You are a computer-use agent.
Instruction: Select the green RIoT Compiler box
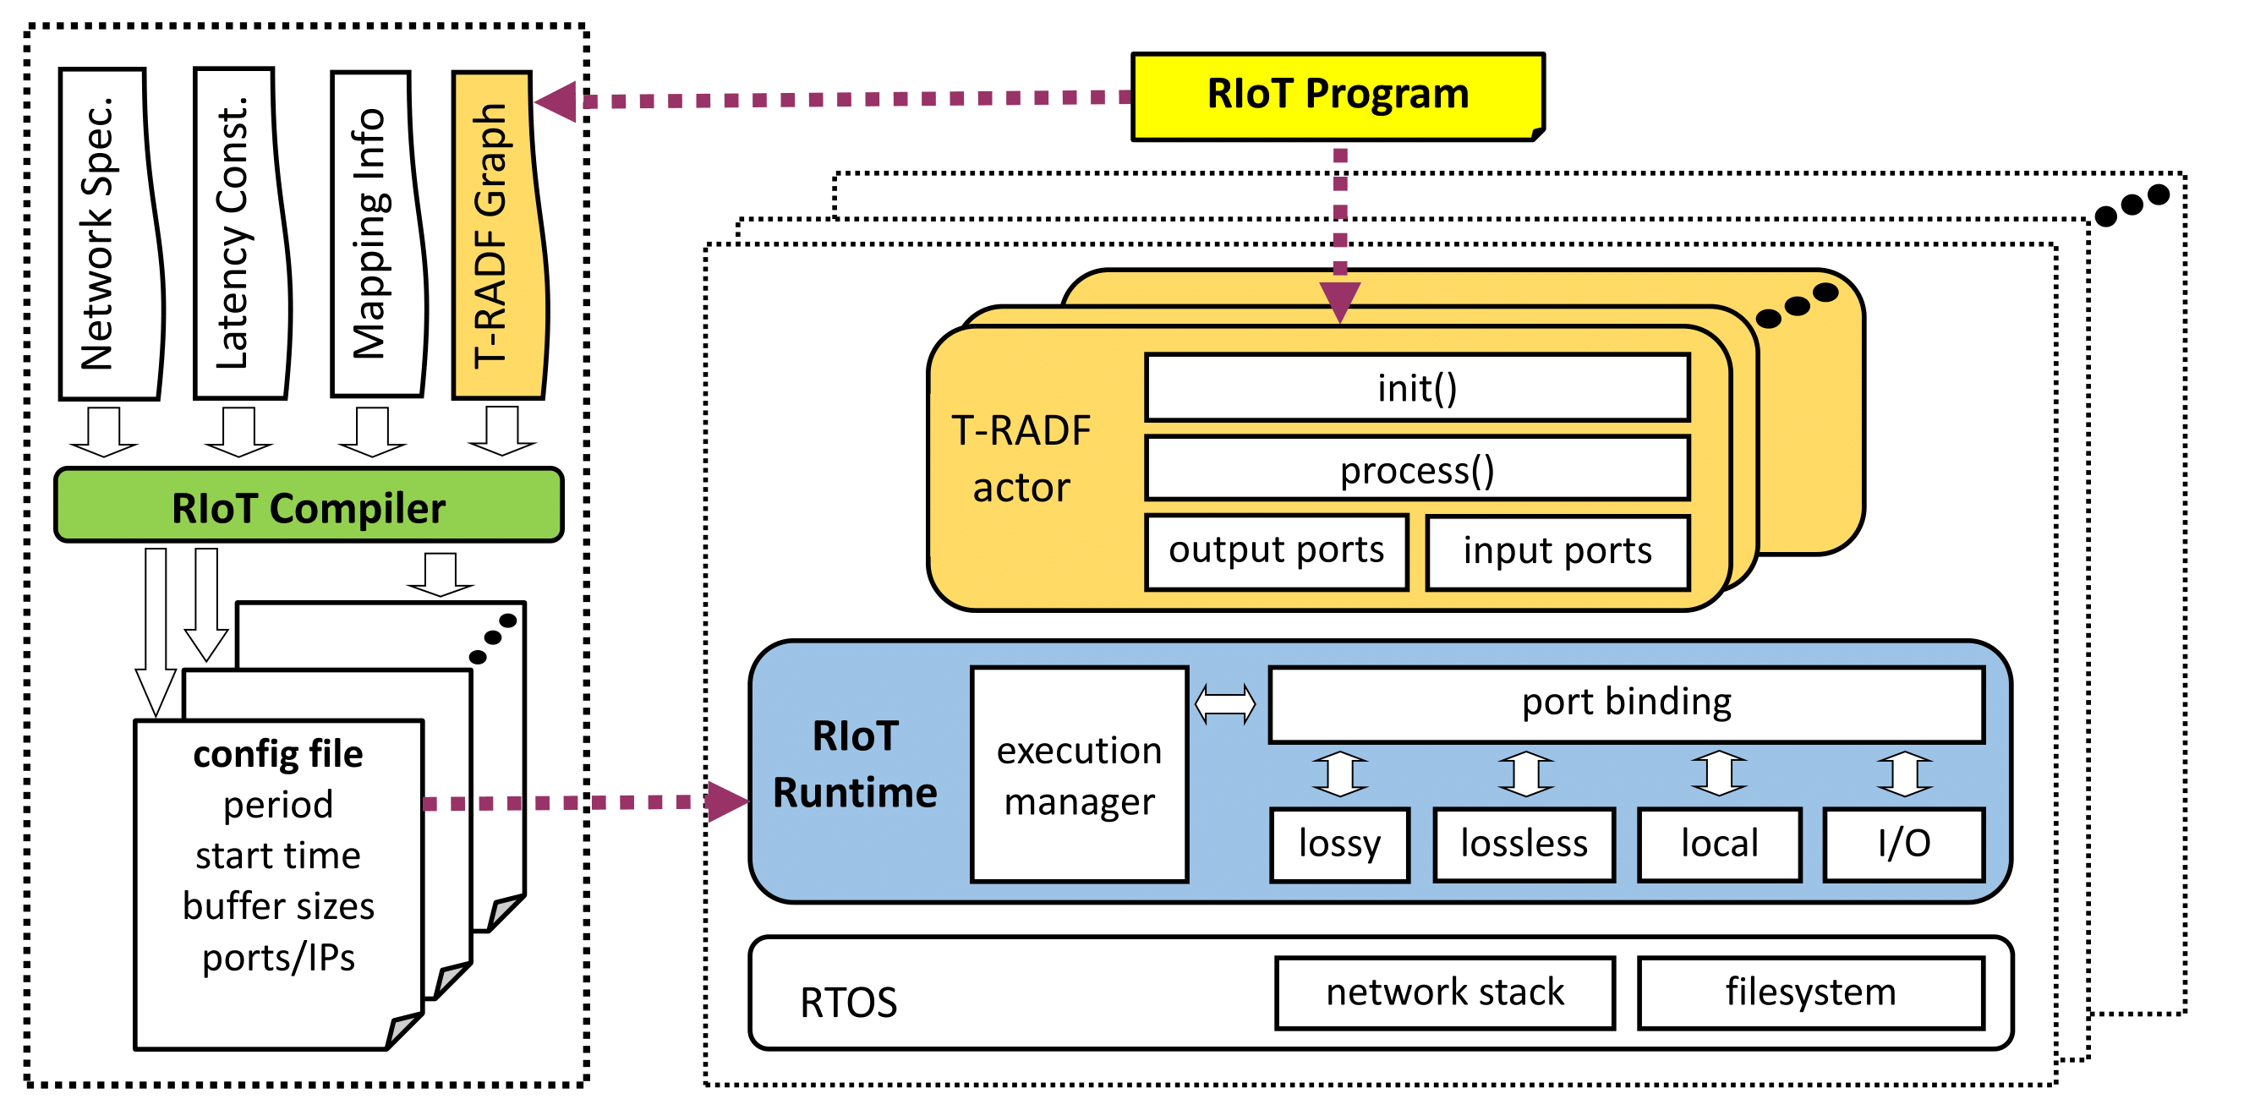point(308,506)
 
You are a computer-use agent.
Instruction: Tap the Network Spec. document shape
point(108,233)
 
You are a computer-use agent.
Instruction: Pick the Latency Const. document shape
point(240,233)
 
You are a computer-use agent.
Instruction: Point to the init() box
point(1416,388)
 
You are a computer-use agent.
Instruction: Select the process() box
point(1416,470)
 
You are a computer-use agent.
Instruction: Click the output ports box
point(1277,551)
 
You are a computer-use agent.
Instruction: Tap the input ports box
point(1557,552)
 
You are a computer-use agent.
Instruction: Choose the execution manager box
point(1079,775)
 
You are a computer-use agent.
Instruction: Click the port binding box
point(1626,703)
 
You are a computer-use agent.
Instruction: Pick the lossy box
point(1339,844)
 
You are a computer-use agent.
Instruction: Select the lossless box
point(1523,844)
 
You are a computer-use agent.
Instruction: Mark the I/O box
point(1903,844)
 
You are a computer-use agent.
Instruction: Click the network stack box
point(1444,992)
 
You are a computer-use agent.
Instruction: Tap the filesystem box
point(1810,992)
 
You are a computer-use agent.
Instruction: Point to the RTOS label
point(848,1003)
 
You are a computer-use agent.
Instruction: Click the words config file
point(277,754)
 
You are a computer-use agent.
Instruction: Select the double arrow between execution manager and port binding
point(1224,703)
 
